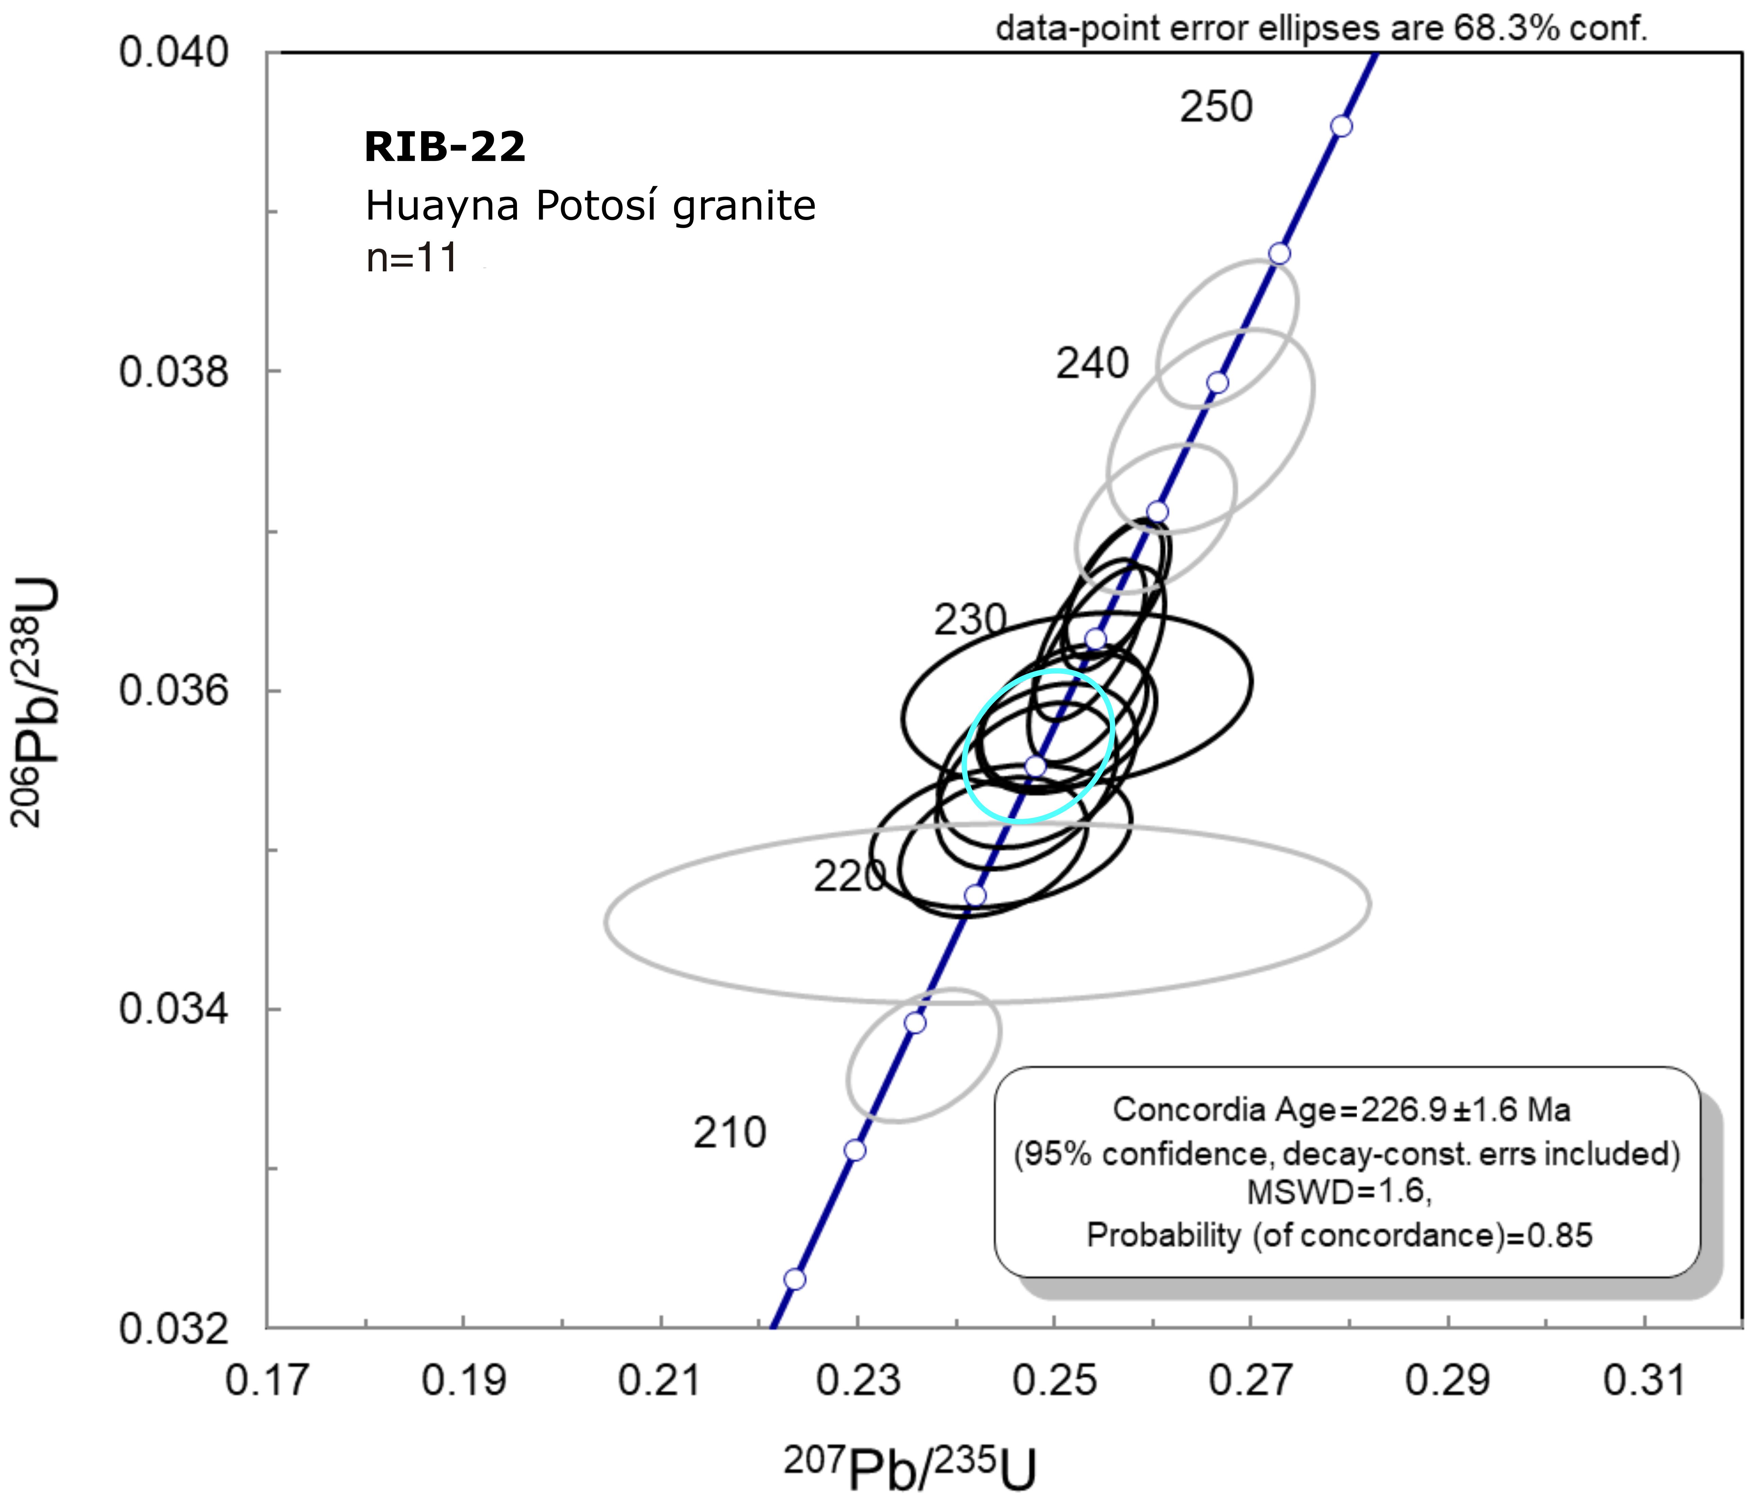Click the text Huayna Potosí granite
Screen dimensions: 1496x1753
click(590, 205)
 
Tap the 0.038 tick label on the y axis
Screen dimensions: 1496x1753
click(174, 372)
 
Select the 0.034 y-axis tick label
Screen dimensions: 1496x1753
click(174, 1009)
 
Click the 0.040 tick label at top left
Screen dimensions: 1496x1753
click(174, 52)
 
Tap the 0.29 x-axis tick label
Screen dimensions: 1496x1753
click(1448, 1382)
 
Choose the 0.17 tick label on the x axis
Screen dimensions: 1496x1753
click(267, 1382)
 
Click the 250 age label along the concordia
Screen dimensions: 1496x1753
click(1216, 107)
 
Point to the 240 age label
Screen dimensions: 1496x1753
click(1091, 364)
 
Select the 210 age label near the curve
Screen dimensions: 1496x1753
click(729, 1133)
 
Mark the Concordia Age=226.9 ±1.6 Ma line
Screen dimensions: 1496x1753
click(1341, 1109)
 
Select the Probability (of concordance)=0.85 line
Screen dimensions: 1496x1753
click(1338, 1236)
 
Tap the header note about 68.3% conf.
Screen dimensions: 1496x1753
click(1322, 29)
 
